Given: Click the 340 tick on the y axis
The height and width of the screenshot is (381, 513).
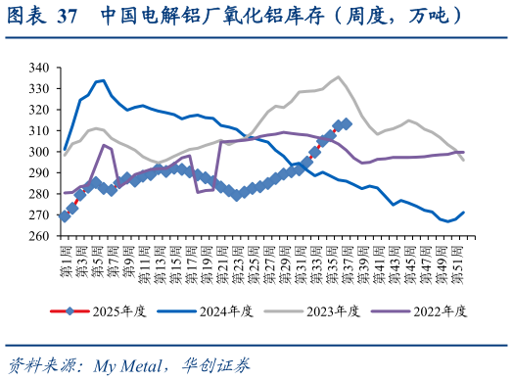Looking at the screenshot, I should pos(39,68).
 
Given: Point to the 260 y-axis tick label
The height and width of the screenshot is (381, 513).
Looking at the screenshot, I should pos(39,236).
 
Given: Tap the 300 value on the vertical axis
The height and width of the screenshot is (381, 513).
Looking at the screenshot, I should pos(39,152).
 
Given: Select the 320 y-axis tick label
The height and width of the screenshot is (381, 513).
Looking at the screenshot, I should pos(39,110).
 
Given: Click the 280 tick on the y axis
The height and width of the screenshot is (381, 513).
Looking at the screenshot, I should pos(39,194).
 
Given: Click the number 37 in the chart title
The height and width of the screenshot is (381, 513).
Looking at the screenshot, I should pos(68,17).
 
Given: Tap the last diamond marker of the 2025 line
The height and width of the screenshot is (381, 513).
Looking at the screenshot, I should pos(346,124).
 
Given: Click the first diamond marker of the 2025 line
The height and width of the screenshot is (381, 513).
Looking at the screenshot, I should pos(65,216).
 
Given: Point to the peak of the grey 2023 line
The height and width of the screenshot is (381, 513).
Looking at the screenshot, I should pos(338,76).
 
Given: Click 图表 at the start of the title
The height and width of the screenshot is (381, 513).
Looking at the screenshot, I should pos(24,17).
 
